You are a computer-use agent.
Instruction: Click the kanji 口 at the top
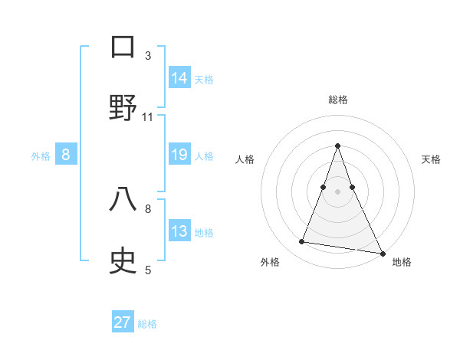click(123, 47)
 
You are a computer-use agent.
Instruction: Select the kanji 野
click(123, 107)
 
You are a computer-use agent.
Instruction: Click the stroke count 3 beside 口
click(148, 56)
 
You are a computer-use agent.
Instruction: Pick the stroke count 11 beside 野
click(148, 117)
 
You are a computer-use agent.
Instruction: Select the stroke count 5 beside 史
click(148, 270)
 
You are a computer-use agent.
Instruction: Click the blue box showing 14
click(179, 78)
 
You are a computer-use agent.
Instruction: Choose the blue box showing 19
click(179, 155)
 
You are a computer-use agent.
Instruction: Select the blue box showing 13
click(179, 231)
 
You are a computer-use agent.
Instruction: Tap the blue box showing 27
click(123, 322)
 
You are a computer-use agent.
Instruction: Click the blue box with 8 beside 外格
click(66, 155)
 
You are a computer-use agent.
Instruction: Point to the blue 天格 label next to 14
click(204, 79)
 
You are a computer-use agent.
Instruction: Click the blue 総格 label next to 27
click(147, 323)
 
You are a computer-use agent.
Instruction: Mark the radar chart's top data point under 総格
click(337, 146)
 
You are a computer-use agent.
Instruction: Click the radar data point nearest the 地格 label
click(382, 254)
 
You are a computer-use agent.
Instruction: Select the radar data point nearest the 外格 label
click(302, 242)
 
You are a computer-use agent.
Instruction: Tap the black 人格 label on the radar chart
click(245, 159)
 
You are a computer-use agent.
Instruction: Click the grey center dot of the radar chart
click(337, 191)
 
